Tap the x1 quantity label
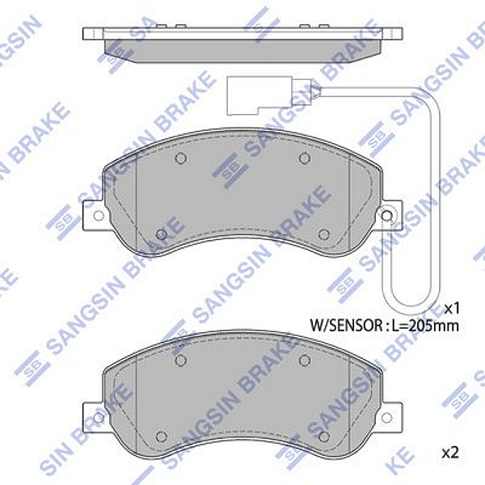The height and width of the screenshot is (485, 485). [x=452, y=308]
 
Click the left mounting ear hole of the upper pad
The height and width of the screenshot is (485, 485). [x=99, y=216]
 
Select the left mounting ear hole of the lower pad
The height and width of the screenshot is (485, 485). [x=99, y=417]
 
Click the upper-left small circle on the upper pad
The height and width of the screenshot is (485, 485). [x=181, y=158]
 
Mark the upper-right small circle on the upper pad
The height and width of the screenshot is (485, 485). [x=304, y=158]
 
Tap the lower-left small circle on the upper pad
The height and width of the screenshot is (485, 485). [x=161, y=234]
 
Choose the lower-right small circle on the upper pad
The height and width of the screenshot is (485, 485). [x=323, y=234]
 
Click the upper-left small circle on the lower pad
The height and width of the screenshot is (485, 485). [x=181, y=360]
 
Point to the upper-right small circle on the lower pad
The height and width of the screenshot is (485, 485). [x=304, y=360]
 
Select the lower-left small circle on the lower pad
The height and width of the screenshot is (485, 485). [x=161, y=436]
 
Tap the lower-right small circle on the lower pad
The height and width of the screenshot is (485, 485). [x=323, y=436]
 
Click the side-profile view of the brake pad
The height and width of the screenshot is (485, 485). [x=242, y=44]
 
